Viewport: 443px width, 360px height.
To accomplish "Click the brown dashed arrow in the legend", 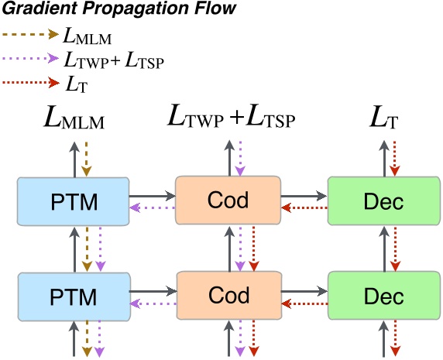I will tap(30, 34).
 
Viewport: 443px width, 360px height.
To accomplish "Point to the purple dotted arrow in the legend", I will tap(30, 58).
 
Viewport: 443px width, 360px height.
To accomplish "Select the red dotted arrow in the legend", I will tap(30, 81).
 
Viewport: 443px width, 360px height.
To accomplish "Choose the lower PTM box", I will tap(73, 297).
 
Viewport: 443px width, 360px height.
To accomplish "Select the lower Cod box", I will tap(228, 295).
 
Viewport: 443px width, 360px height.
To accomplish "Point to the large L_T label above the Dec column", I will tap(384, 119).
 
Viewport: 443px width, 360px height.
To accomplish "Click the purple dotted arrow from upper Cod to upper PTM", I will tap(152, 207).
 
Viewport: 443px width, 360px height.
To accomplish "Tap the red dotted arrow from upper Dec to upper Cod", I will tap(303, 207).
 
